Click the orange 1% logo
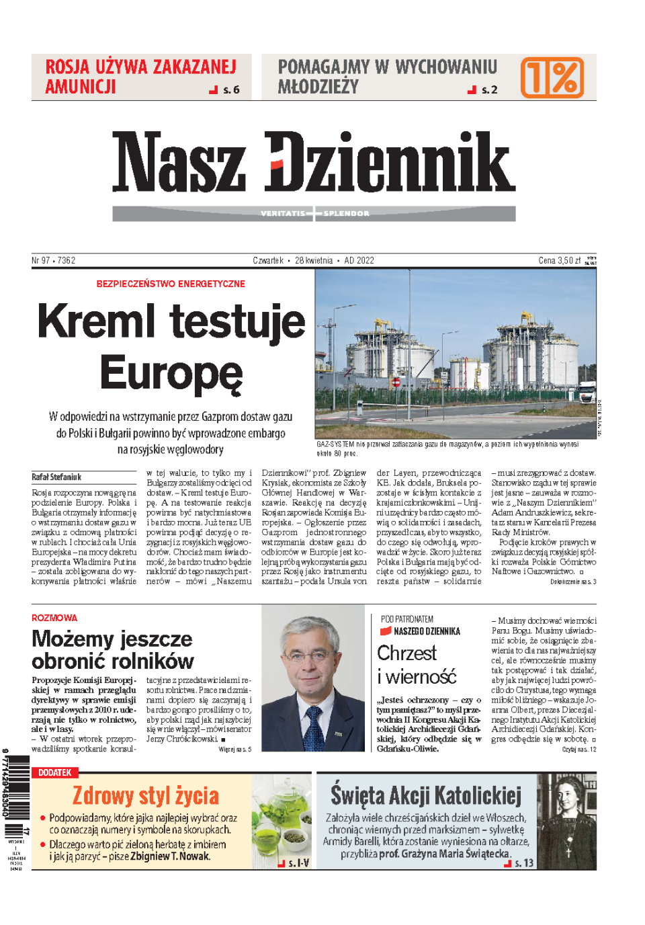pos(552,77)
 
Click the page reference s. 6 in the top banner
pos(230,89)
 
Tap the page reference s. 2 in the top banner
pos(489,89)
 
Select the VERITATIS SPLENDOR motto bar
pos(314,214)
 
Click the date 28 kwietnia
pos(314,260)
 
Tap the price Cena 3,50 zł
pos(559,260)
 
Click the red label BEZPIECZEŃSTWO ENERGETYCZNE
pos(171,284)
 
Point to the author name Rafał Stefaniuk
pos(56,477)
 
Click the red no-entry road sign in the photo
pos(396,382)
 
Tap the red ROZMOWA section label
pos(54,618)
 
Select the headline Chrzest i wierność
pos(416,664)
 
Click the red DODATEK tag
pos(55,772)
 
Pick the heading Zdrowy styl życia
pos(146,796)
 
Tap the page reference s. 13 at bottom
pos(523,863)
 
